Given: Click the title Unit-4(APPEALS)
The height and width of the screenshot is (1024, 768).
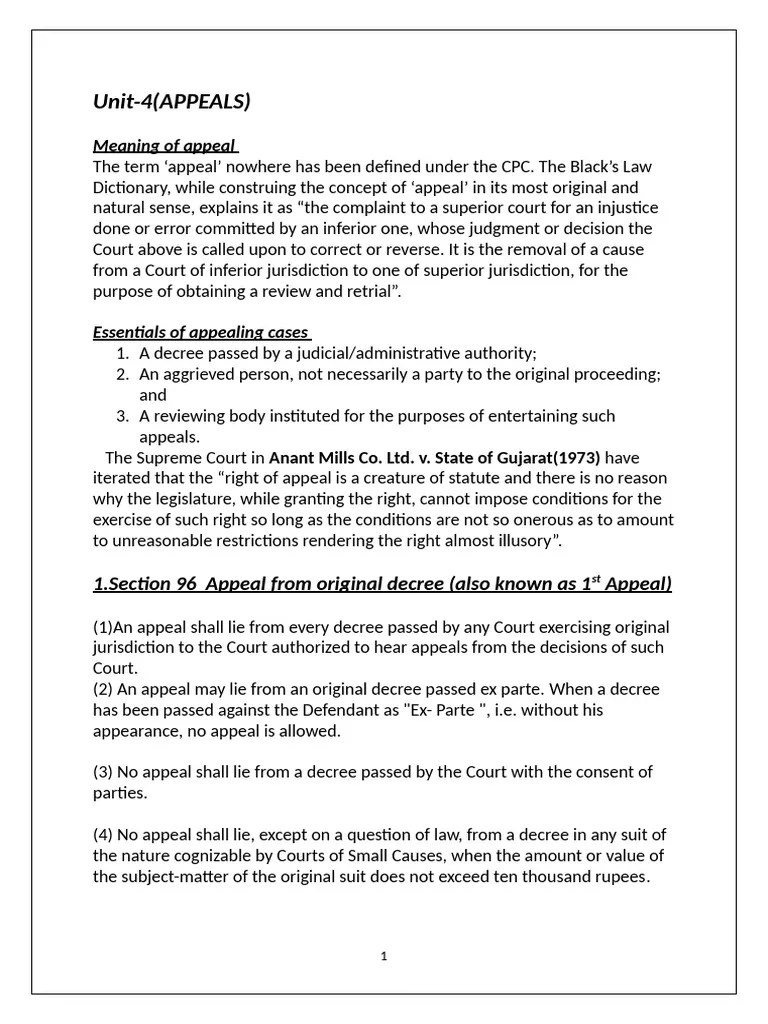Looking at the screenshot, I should [x=171, y=101].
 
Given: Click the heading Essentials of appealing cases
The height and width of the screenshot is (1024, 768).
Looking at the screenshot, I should [x=201, y=332].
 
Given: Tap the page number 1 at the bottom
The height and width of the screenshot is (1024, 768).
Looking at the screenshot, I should [x=384, y=956].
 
